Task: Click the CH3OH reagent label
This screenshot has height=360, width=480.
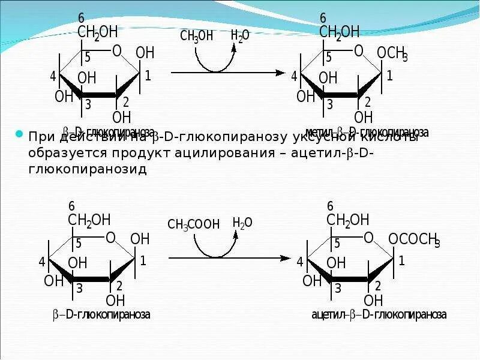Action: pyautogui.click(x=196, y=36)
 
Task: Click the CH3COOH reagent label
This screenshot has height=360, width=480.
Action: pyautogui.click(x=193, y=225)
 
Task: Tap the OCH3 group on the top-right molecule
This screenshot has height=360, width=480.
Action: pyautogui.click(x=392, y=53)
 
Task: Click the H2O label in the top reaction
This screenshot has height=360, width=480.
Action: pyautogui.click(x=240, y=35)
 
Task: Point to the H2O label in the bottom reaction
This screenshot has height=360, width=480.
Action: pyautogui.click(x=242, y=223)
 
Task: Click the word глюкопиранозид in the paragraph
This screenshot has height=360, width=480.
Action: pyautogui.click(x=87, y=169)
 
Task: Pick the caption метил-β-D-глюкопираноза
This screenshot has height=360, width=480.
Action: pyautogui.click(x=367, y=132)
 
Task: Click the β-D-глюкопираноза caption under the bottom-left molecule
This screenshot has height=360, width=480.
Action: pyautogui.click(x=100, y=314)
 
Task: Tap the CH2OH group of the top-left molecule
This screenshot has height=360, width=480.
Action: pyautogui.click(x=98, y=32)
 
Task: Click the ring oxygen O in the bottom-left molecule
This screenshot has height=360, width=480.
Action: pyautogui.click(x=110, y=238)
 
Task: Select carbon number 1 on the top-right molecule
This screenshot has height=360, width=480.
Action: pyautogui.click(x=389, y=76)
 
